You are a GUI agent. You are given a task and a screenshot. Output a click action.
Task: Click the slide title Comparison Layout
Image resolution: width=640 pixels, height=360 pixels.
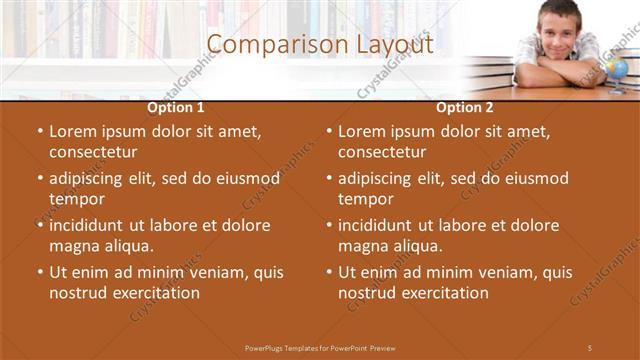320,45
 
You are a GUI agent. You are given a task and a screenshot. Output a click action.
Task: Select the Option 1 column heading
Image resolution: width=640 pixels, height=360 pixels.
176,107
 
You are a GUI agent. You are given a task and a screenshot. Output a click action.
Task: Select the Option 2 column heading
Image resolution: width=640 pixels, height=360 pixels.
465,107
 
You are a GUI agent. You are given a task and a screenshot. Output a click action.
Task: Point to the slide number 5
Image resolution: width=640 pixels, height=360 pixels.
590,347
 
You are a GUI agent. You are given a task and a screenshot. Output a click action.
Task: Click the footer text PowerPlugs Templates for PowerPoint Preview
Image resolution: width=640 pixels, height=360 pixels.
320,347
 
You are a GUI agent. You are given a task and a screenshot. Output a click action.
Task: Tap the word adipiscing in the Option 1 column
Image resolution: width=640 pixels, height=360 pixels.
90,179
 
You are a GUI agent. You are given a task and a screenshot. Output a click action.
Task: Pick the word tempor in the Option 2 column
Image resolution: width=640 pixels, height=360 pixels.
366,199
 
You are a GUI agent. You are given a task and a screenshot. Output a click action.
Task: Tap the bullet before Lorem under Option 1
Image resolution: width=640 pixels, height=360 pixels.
40,131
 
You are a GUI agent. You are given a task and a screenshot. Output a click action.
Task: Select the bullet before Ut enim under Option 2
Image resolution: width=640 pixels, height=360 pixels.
329,272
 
